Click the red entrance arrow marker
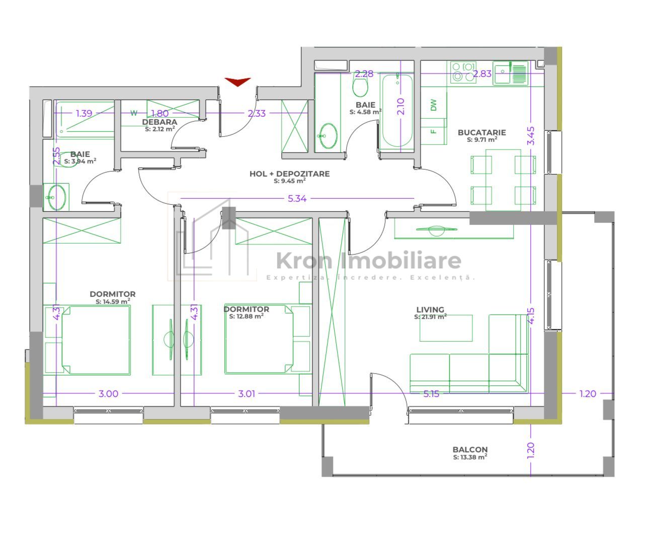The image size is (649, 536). click(x=238, y=82)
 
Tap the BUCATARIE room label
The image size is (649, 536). click(x=482, y=132)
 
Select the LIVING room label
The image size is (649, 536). click(x=430, y=310)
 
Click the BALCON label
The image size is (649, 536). click(x=470, y=449)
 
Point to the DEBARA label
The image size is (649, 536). click(x=159, y=122)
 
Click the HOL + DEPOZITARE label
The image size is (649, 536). click(x=289, y=174)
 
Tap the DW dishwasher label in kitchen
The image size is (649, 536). click(x=434, y=105)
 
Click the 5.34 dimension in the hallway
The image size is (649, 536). click(x=297, y=198)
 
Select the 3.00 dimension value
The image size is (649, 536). click(x=108, y=394)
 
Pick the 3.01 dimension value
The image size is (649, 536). click(x=247, y=394)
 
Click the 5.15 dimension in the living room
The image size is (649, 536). click(x=431, y=394)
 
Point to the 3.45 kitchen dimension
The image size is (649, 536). click(x=531, y=136)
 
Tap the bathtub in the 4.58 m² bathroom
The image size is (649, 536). click(x=397, y=111)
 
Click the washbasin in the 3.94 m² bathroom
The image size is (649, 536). click(x=56, y=197)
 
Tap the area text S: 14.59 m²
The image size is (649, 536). click(x=113, y=301)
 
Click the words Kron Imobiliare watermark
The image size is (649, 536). click(x=369, y=261)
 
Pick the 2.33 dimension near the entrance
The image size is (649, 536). click(x=257, y=113)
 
